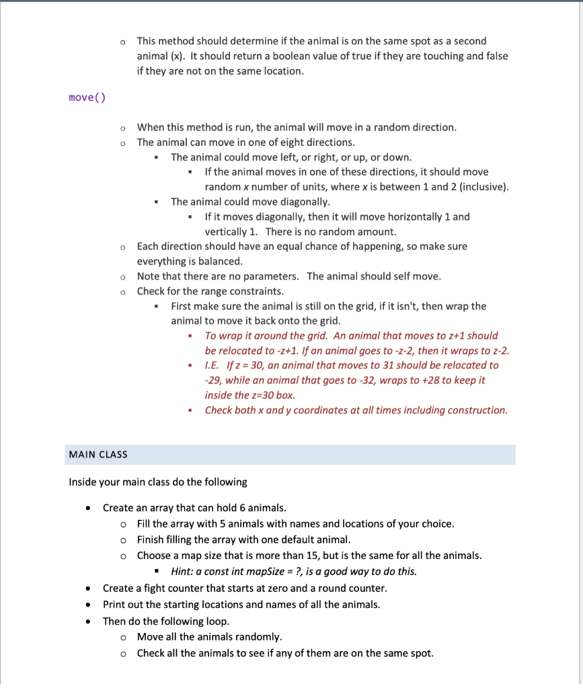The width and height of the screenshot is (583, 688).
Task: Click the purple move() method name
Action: (x=87, y=98)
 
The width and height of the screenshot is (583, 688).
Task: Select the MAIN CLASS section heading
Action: (x=98, y=455)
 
